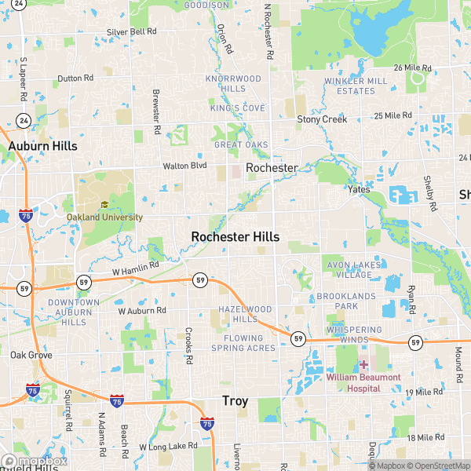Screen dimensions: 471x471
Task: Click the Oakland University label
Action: pyautogui.click(x=104, y=217)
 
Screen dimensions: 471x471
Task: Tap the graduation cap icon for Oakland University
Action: pyautogui.click(x=104, y=206)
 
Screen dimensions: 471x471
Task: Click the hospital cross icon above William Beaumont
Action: pyautogui.click(x=363, y=365)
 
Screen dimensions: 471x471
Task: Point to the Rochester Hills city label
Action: pyautogui.click(x=235, y=236)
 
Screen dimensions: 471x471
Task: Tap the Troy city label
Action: pyautogui.click(x=235, y=401)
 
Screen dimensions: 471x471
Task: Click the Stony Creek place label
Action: pyautogui.click(x=322, y=119)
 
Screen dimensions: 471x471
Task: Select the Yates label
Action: pyautogui.click(x=360, y=190)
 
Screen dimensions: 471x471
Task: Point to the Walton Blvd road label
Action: pyautogui.click(x=184, y=166)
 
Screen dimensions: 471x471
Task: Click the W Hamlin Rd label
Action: pyautogui.click(x=135, y=268)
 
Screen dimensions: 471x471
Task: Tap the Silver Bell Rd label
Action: pyautogui.click(x=132, y=31)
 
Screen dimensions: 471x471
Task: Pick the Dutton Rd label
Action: pyautogui.click(x=75, y=78)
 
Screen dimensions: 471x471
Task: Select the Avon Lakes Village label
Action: pyautogui.click(x=349, y=270)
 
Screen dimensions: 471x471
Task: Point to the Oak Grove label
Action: pyautogui.click(x=31, y=356)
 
